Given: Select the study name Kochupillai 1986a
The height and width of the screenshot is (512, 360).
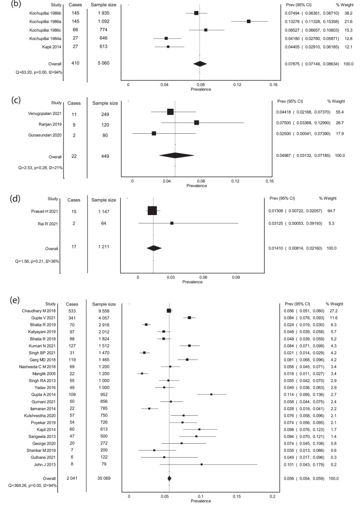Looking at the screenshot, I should (x=41, y=21).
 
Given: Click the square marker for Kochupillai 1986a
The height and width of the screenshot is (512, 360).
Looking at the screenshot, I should (x=249, y=21).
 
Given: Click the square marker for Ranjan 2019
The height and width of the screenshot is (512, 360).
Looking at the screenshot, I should (x=196, y=122).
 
